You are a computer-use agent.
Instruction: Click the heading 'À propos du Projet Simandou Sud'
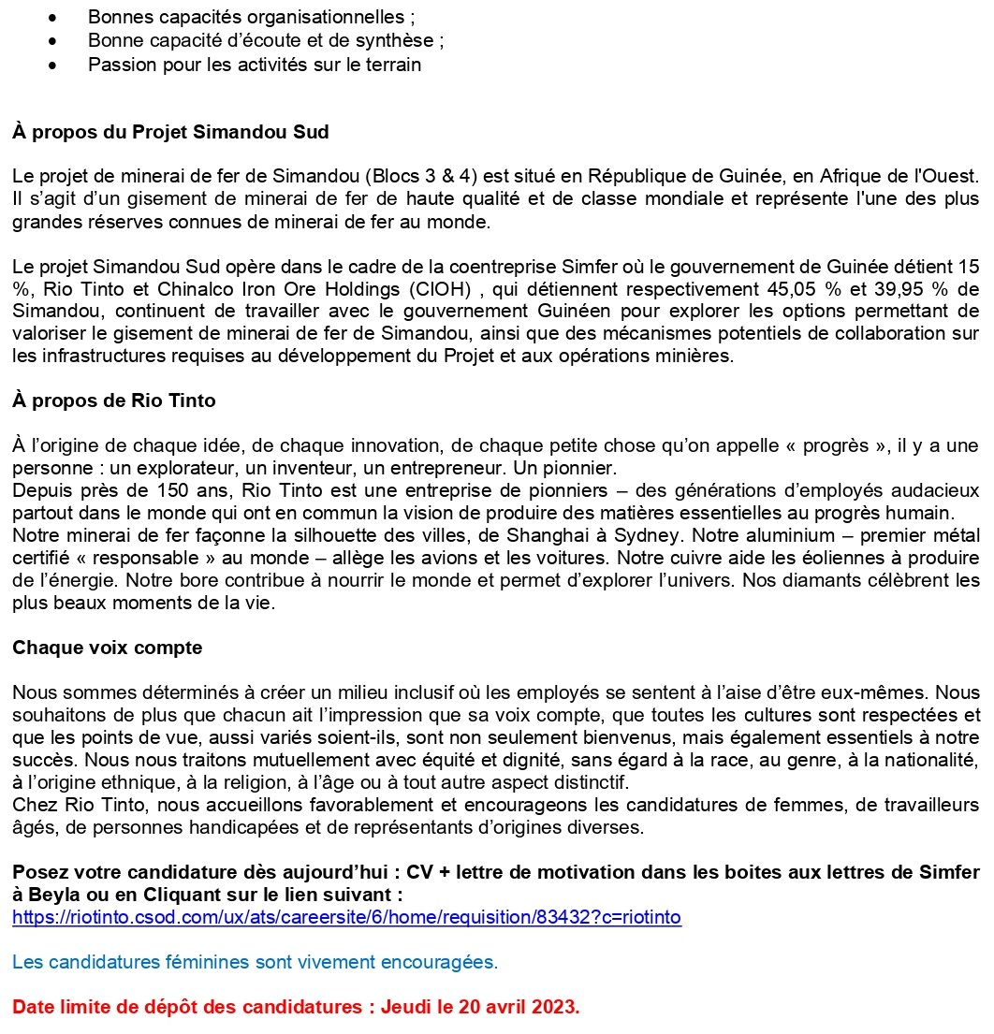point(170,132)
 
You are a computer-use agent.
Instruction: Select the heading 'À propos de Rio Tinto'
point(114,400)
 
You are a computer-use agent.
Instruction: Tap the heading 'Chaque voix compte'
point(107,647)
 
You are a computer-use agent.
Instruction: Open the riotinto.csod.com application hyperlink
point(346,917)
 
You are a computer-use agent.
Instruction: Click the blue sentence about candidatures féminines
point(256,962)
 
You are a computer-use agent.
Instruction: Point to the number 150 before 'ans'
point(133,489)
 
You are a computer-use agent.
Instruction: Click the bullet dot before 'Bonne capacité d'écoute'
point(63,41)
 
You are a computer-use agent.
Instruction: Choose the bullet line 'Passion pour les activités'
point(255,65)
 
